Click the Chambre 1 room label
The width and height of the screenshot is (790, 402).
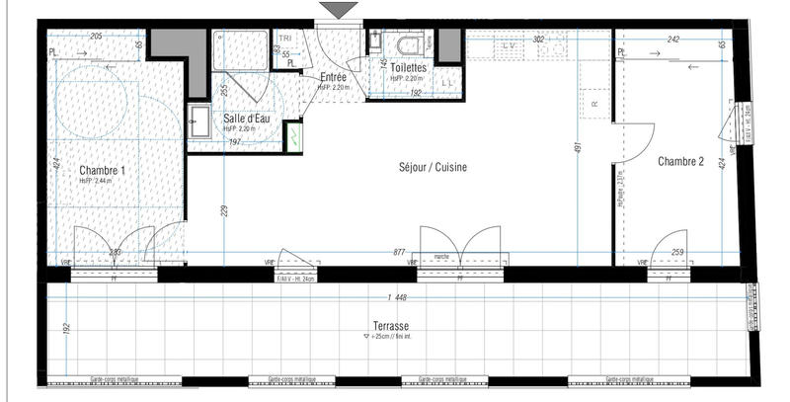point(101,170)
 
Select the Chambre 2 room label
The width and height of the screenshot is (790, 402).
point(680,161)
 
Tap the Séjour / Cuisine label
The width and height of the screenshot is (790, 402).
point(433,167)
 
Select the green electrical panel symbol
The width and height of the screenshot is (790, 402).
point(293,135)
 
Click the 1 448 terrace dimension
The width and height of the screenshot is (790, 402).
point(399,297)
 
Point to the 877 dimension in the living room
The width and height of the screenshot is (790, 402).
point(399,253)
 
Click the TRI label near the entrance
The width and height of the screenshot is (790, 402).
point(285,39)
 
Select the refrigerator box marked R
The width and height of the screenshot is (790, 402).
point(593,102)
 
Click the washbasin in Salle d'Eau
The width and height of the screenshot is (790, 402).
point(198,119)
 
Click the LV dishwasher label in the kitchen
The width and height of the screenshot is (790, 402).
point(510,46)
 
